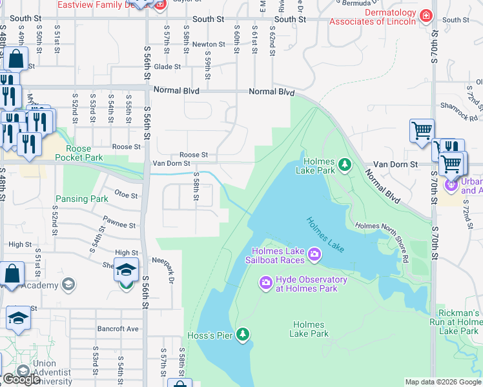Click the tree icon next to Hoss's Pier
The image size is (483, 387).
coord(243,333)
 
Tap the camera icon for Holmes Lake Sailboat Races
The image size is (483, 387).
coord(314,255)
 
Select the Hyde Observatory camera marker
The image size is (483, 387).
coord(265,283)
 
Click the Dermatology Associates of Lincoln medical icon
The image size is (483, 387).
coord(425,15)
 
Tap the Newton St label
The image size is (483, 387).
coord(208,45)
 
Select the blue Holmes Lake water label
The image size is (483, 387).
coord(325,234)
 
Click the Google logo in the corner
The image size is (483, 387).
coord(22,379)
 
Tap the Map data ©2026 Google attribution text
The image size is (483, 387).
coord(442,382)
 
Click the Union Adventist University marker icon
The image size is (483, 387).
coord(23,372)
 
